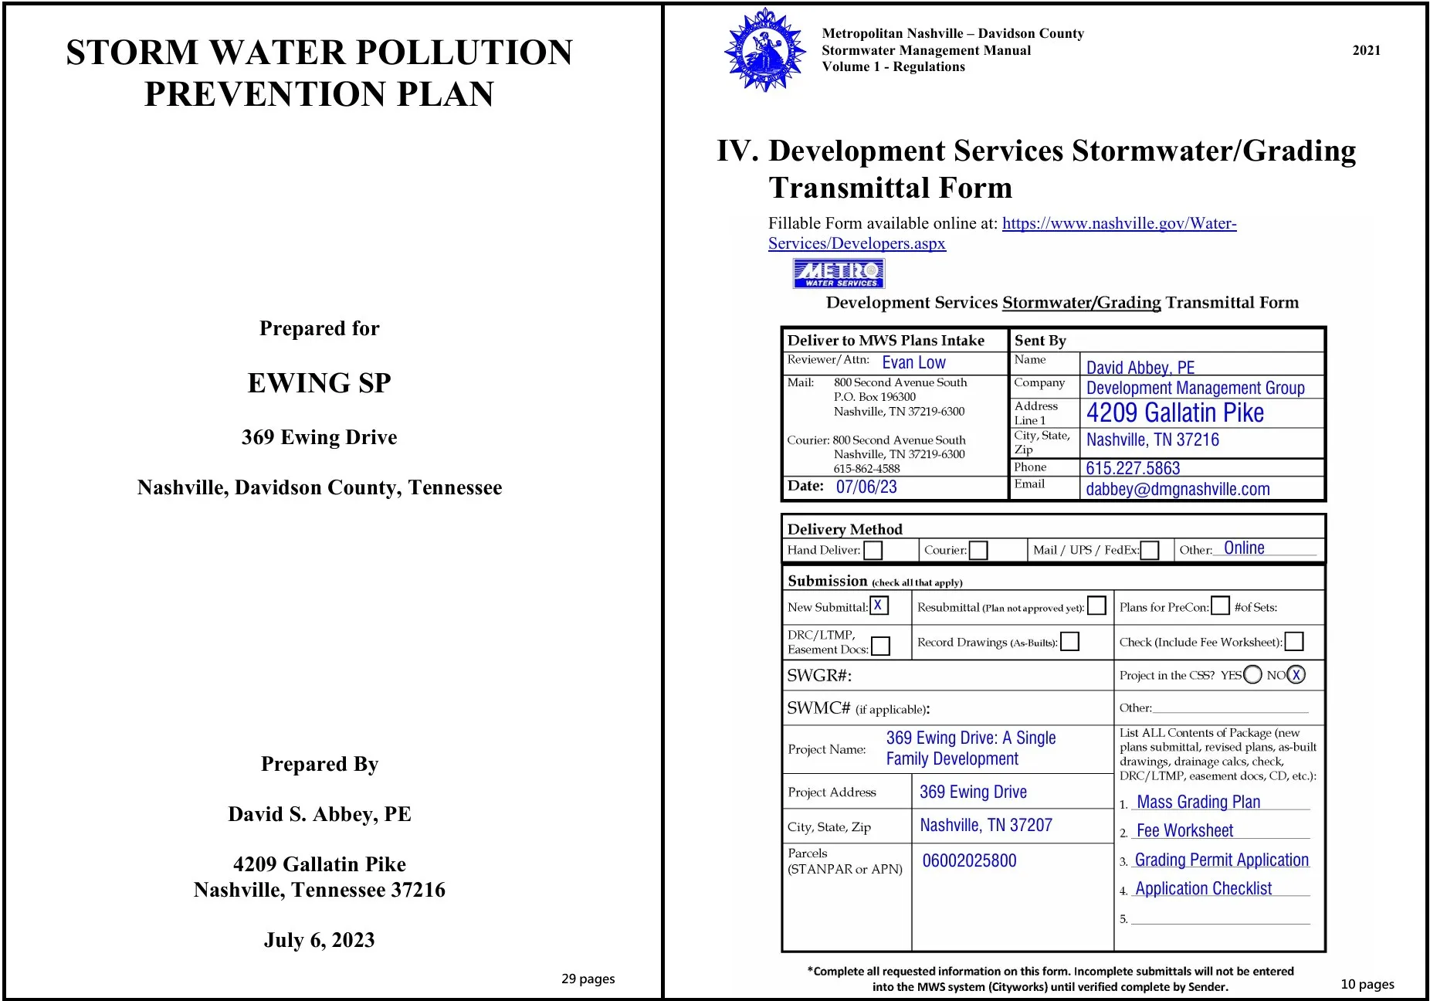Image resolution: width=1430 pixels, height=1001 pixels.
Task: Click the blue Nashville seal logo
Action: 764,50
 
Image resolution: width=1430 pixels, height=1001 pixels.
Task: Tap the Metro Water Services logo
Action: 839,273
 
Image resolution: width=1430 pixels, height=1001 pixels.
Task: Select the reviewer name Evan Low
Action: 913,362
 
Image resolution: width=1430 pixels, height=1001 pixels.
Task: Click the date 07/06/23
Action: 866,487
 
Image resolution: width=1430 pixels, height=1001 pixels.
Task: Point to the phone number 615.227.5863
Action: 1133,468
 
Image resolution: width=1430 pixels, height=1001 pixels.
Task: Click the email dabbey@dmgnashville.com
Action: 1178,489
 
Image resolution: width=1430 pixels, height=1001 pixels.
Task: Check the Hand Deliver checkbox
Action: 873,550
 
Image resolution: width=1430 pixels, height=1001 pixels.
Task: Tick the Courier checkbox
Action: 978,550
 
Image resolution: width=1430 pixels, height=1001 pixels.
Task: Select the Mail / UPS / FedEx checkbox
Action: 1150,550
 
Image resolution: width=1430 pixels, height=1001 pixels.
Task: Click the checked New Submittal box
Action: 879,606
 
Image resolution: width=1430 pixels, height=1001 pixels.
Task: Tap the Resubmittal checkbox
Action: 1096,606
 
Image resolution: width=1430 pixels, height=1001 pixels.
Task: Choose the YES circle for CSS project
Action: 1252,674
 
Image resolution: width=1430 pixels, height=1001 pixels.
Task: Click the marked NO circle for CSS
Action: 1296,674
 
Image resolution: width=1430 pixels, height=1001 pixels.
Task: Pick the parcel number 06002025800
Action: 969,860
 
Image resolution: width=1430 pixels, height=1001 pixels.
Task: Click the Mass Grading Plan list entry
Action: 1198,802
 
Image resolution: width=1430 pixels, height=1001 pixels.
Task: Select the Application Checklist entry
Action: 1203,889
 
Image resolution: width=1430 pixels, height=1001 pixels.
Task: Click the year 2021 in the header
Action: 1366,50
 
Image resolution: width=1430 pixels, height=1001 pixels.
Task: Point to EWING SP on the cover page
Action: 319,382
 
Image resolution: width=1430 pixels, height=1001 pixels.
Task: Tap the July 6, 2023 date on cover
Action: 319,940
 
